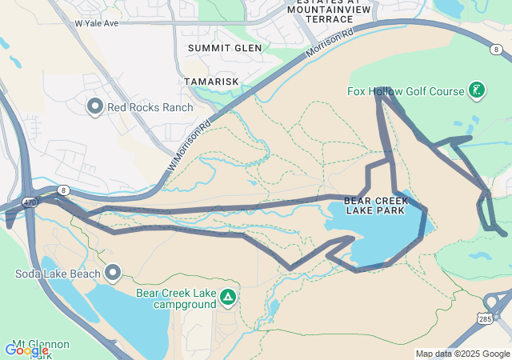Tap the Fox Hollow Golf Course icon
(x=477, y=90)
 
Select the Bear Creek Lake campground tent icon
(x=228, y=298)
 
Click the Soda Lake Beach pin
(x=113, y=274)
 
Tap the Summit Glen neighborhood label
(x=225, y=48)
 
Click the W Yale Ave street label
(x=96, y=24)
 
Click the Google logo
(x=26, y=350)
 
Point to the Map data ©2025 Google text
(x=462, y=354)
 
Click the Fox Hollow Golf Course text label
(x=406, y=91)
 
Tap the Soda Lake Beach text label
(x=58, y=274)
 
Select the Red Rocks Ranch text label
(x=150, y=107)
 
